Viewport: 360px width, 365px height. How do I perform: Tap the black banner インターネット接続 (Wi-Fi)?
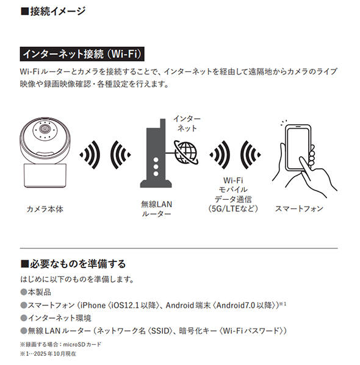[x=82, y=54]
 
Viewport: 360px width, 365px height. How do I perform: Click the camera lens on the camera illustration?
[x=45, y=129]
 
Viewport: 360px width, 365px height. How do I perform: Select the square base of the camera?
[x=45, y=175]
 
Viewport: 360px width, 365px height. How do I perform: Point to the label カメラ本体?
[x=45, y=209]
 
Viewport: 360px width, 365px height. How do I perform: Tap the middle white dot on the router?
[x=156, y=167]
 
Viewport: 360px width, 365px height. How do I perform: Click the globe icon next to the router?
[x=186, y=152]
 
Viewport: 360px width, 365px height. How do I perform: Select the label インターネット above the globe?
[x=187, y=124]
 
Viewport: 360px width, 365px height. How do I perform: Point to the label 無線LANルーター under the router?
[x=156, y=209]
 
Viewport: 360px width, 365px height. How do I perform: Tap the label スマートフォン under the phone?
[x=299, y=208]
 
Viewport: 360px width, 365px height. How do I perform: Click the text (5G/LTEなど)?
[x=233, y=208]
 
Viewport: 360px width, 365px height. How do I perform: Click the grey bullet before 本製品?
[x=24, y=292]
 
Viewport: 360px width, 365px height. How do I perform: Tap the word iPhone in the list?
[x=92, y=305]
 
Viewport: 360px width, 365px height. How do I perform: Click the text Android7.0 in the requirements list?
[x=236, y=305]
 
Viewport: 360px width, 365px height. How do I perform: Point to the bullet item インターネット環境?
[x=56, y=317]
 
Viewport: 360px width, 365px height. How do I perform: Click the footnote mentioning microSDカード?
[x=61, y=344]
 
